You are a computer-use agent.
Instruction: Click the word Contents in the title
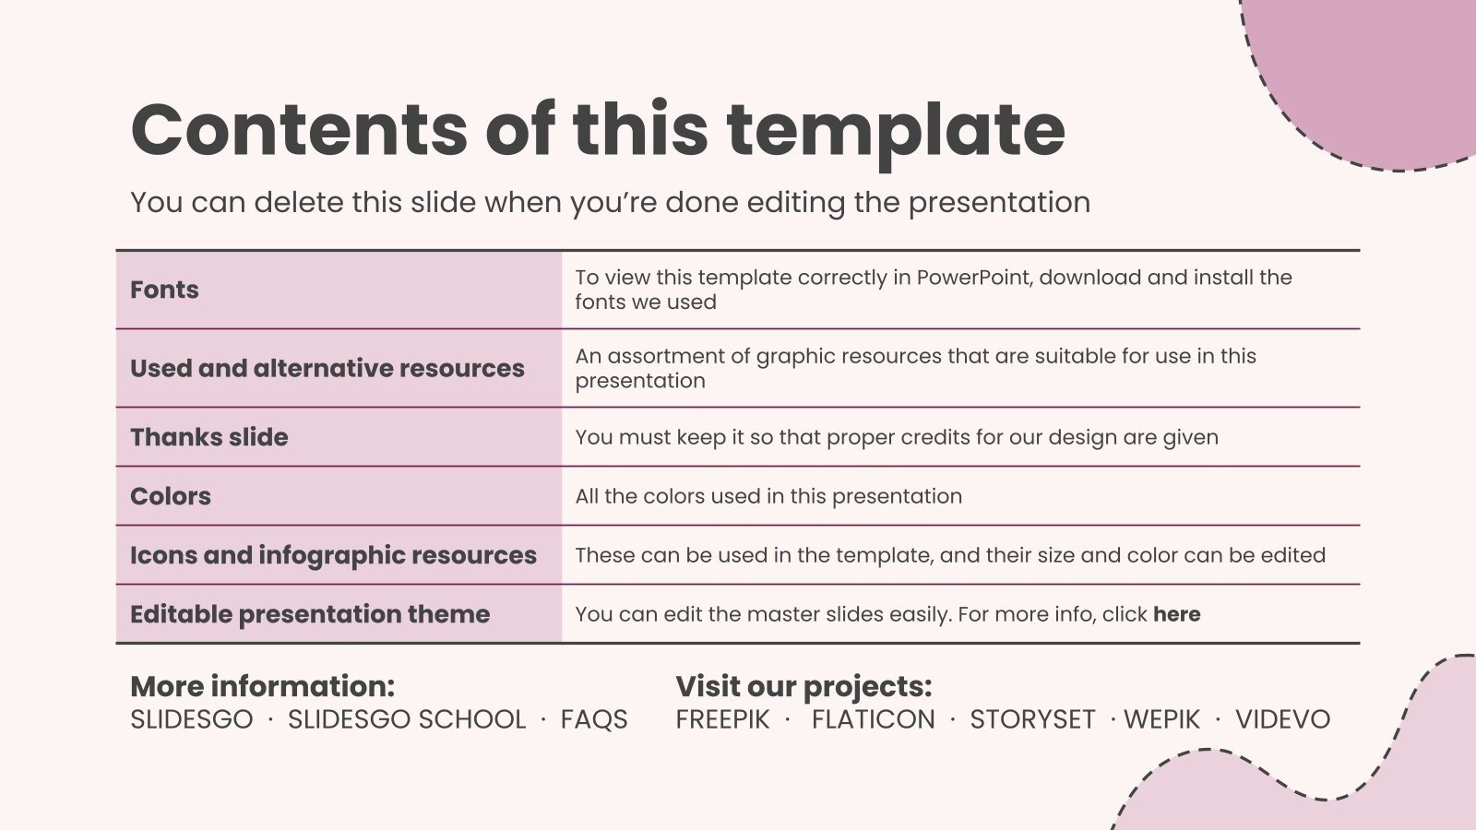tap(299, 130)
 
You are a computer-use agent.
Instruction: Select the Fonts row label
tap(164, 290)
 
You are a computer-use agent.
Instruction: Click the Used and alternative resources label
tap(327, 368)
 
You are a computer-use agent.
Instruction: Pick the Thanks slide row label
tap(208, 437)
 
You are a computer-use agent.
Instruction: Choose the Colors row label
tap(171, 496)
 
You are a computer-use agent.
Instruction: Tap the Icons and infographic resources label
tap(333, 556)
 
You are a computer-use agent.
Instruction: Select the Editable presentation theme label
tap(310, 614)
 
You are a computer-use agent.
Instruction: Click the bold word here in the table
tap(1177, 614)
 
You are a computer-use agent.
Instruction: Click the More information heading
tap(262, 686)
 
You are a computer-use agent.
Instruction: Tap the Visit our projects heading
tap(803, 687)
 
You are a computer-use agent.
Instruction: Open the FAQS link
tap(594, 719)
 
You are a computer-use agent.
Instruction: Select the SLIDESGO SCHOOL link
tap(407, 719)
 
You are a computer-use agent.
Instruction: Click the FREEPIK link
tap(723, 719)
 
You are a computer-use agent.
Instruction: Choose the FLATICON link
tap(873, 719)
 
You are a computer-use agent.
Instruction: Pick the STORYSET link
tap(1032, 719)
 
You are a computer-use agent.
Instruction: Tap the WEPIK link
tap(1161, 719)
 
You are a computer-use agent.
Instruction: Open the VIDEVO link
tap(1283, 719)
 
